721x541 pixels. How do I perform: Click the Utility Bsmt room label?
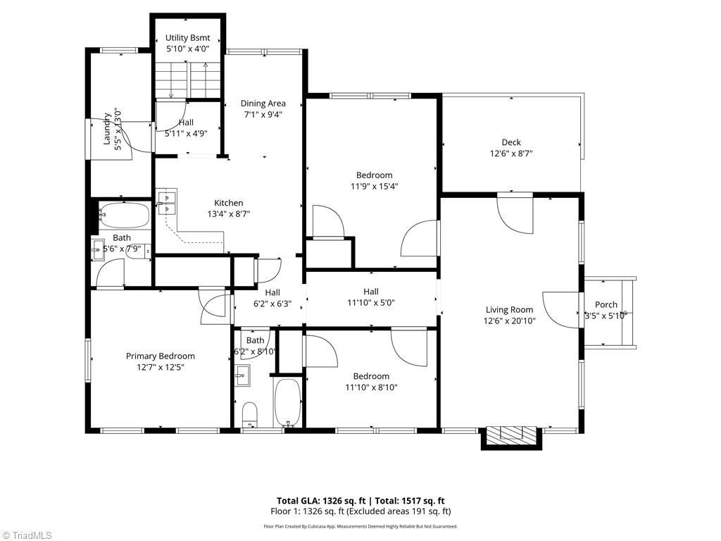click(x=187, y=37)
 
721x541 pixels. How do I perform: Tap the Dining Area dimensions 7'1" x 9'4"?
click(x=263, y=115)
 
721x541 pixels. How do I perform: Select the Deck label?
click(x=511, y=142)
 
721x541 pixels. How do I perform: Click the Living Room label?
click(x=509, y=309)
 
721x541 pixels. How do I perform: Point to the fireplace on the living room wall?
click(x=512, y=435)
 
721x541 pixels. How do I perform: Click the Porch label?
click(x=606, y=305)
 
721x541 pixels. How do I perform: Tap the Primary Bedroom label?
click(x=161, y=356)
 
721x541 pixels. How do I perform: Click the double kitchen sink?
click(x=166, y=203)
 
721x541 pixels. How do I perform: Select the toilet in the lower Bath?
click(x=250, y=413)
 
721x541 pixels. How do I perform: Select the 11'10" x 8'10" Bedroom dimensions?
click(x=371, y=387)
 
